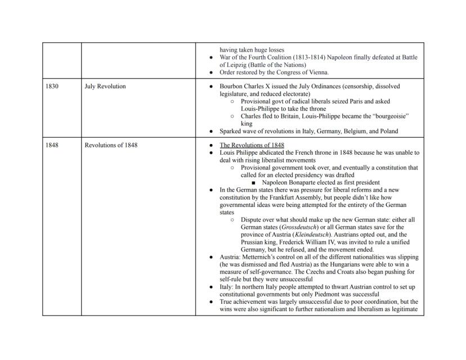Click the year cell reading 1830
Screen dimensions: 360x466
tap(52, 87)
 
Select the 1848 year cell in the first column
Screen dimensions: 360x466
tap(52, 145)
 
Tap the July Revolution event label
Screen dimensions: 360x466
tap(105, 87)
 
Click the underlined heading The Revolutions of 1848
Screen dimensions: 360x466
tap(252, 145)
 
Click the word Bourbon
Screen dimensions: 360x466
tap(231, 87)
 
